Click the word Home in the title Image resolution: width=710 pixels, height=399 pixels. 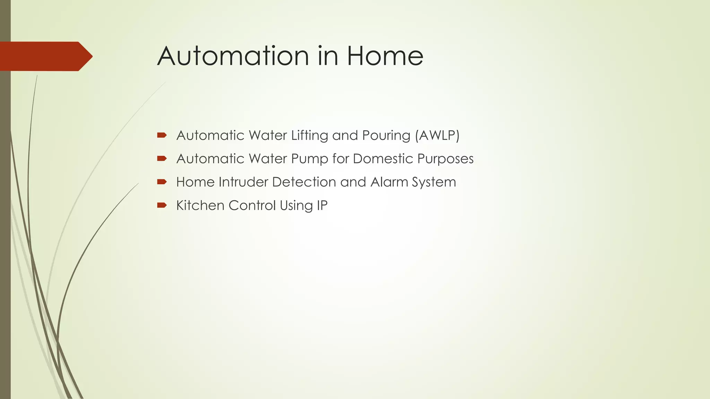coord(385,56)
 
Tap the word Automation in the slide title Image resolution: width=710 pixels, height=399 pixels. coord(233,56)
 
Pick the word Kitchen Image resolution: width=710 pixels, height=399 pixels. coord(200,205)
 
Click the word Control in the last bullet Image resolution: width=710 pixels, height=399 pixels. coord(252,205)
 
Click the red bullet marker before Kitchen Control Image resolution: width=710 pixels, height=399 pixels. coord(162,205)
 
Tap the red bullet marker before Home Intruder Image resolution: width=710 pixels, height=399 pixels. coord(162,182)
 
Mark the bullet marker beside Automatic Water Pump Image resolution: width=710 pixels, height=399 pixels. coord(162,159)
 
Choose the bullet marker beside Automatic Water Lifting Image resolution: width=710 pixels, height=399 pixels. coord(162,135)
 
